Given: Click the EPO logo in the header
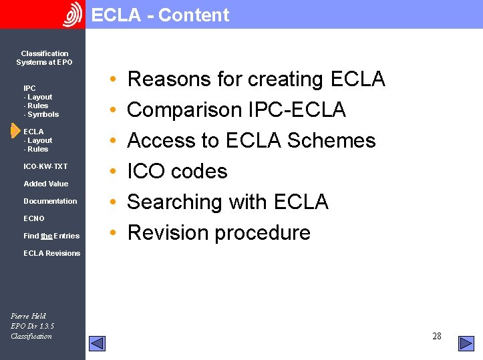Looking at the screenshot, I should (72, 15).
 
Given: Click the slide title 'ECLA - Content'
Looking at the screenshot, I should (160, 15).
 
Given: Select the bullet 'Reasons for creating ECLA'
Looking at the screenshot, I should (256, 79).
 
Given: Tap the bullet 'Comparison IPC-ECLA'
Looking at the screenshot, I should (236, 110).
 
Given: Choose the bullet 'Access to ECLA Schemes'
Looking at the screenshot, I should (251, 140).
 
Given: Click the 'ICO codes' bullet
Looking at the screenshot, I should (177, 171).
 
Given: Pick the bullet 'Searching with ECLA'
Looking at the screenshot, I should (228, 202).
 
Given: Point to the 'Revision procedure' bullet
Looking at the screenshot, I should (218, 232).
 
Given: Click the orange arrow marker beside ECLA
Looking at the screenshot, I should (15, 132).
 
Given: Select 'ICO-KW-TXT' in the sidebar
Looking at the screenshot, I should (45, 166).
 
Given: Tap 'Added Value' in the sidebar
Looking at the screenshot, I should (45, 184).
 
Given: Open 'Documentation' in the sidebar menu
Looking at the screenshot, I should (50, 201).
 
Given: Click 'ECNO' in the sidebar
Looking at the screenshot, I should (34, 218).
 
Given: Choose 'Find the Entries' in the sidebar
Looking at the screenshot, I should (51, 236).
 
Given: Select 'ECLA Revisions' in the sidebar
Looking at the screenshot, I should (51, 253).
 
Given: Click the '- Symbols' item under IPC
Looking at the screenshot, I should (41, 114).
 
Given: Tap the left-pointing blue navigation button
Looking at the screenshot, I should (98, 343).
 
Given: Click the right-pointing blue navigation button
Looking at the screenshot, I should (466, 343).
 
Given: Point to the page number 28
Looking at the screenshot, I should (437, 336).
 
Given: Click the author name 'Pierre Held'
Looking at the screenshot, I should (29, 316).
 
